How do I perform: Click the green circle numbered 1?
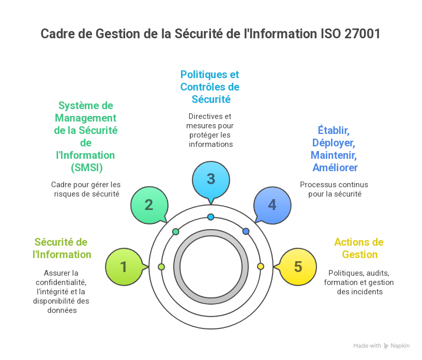point(124,267)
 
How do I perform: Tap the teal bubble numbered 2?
point(149,205)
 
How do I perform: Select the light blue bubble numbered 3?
point(210,179)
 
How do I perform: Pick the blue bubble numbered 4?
point(272,205)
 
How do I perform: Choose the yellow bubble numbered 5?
point(298,267)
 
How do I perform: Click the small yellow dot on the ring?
point(261,266)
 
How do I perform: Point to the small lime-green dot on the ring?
point(161,267)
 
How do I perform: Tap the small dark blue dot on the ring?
point(246,231)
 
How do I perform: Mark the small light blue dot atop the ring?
point(210,217)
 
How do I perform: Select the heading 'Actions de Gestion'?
point(359,248)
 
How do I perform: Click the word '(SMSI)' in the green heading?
point(85,168)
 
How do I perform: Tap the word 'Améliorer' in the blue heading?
point(335,168)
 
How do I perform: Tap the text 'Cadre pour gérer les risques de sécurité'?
point(86,189)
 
